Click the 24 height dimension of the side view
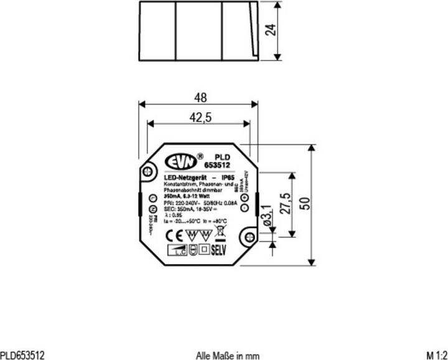click(270, 30)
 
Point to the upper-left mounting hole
click(149, 171)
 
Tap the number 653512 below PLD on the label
click(217, 165)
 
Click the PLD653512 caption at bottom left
click(22, 355)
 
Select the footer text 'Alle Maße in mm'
click(227, 355)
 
